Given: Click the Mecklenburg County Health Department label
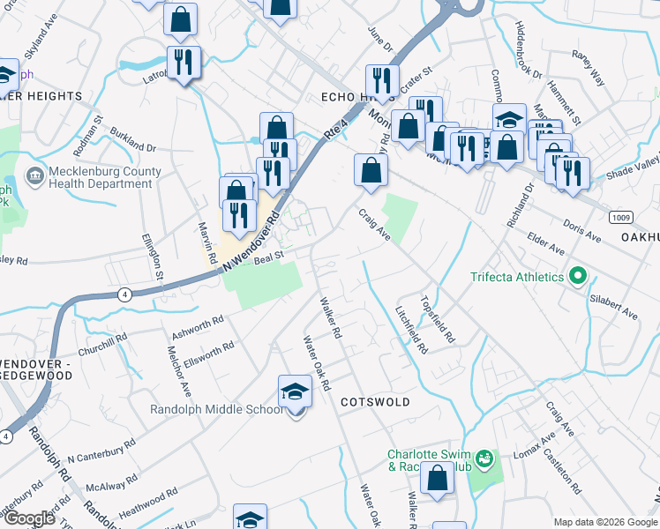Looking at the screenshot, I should point(94,178).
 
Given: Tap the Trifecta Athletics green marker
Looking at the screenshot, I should point(579,277).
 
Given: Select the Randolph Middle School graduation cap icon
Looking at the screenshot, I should point(295,392).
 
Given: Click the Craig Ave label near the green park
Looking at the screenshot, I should point(373,223).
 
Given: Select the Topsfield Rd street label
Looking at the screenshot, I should point(439,318).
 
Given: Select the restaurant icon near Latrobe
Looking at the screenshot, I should point(184,63).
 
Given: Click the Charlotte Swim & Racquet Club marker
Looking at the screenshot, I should point(483,458).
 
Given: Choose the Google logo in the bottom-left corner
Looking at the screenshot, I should point(30,518).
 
